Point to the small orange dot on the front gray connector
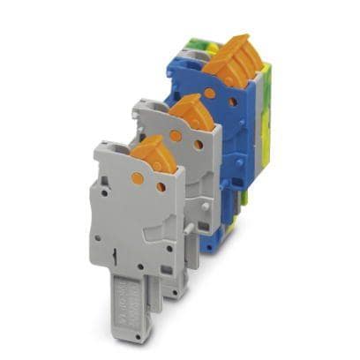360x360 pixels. pyautogui.click(x=161, y=186)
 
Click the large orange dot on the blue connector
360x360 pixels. pyautogui.click(x=211, y=92)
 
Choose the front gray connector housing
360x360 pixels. pyautogui.click(x=132, y=221)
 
